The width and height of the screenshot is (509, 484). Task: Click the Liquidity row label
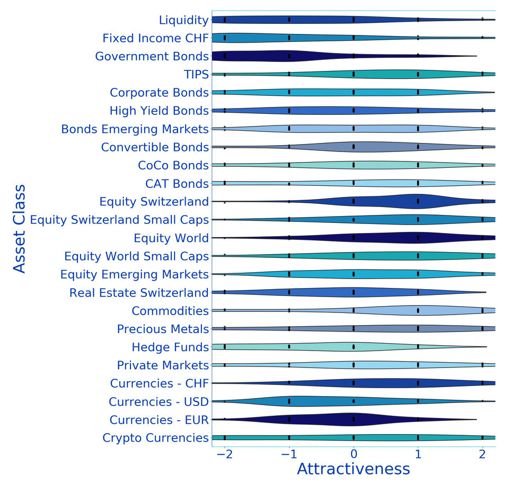click(183, 20)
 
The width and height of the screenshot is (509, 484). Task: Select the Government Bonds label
click(152, 56)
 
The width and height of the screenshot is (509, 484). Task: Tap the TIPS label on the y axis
click(195, 74)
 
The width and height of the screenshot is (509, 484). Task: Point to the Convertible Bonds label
click(155, 147)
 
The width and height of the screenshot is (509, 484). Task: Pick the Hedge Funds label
click(170, 347)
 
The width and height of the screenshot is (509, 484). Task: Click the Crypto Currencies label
click(155, 438)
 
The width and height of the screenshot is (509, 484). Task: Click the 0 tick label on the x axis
click(354, 455)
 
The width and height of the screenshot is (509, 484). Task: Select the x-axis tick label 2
click(482, 455)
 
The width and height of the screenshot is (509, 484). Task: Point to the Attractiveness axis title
click(353, 469)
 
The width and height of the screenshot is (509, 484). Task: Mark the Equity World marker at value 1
click(418, 237)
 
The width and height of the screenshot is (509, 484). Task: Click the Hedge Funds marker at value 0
click(354, 347)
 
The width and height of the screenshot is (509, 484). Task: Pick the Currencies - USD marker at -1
click(289, 401)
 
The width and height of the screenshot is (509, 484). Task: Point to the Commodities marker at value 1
click(418, 310)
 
